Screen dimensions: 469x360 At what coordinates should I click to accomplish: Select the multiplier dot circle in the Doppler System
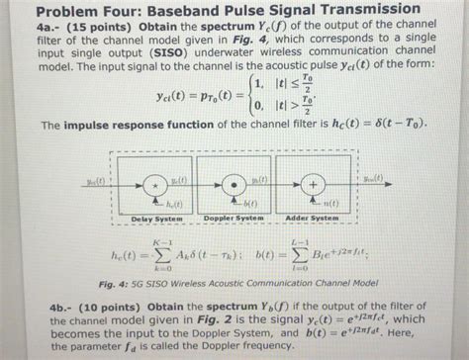click(234, 184)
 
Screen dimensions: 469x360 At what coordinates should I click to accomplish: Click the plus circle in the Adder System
click(314, 185)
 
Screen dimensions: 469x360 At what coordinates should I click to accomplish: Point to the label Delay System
click(155, 218)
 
